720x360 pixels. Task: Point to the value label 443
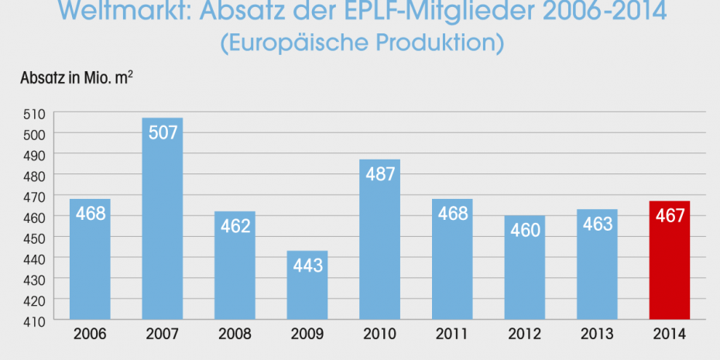coord(307,266)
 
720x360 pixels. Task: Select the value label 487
coord(380,173)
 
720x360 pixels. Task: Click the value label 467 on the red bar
coord(669,214)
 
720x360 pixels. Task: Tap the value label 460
coord(525,230)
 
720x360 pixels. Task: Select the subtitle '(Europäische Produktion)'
coord(362,42)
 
